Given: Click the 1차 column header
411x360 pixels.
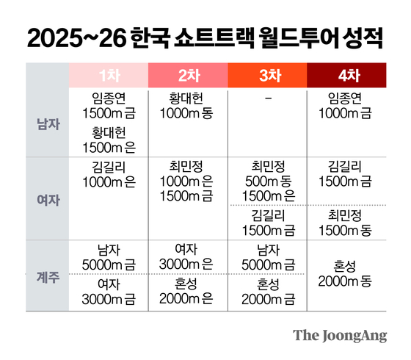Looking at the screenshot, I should click(108, 75).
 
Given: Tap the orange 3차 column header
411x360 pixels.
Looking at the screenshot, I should click(268, 75).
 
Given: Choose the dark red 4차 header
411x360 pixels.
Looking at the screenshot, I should click(347, 75).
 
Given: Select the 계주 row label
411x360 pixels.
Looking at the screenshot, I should click(47, 278).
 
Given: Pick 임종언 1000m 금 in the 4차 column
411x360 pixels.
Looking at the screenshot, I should click(347, 104).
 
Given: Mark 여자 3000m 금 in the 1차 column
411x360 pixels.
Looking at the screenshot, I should click(108, 291).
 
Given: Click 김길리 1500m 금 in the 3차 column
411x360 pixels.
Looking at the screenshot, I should click(268, 223).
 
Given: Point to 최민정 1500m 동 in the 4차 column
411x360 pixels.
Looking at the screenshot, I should click(347, 223).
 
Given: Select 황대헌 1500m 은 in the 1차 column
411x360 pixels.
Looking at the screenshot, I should click(108, 138).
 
